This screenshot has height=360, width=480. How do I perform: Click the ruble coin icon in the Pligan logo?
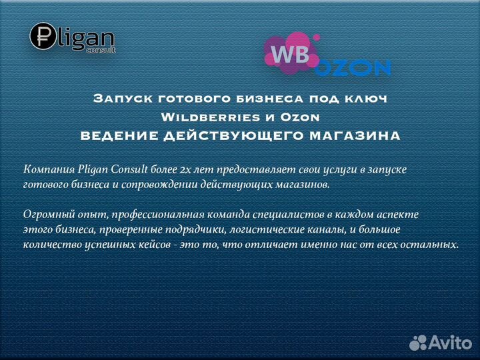pyautogui.click(x=43, y=36)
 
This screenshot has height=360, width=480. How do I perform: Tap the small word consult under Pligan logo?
pyautogui.click(x=101, y=50)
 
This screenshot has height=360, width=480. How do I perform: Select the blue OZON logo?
pyautogui.click(x=353, y=67)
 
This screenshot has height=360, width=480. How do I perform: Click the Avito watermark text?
pyautogui.click(x=450, y=343)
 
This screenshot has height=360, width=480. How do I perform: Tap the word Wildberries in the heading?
pyautogui.click(x=206, y=117)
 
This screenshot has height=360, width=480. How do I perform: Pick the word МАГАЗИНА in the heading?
pyautogui.click(x=355, y=136)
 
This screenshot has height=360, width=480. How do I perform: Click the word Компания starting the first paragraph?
pyautogui.click(x=49, y=169)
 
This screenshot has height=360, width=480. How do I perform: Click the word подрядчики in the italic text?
pyautogui.click(x=195, y=230)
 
